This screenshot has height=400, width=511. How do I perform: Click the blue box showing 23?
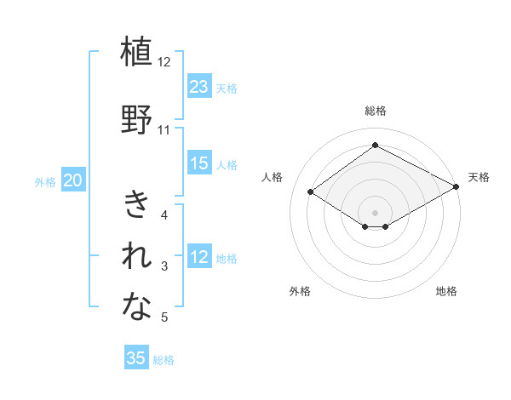point(199,87)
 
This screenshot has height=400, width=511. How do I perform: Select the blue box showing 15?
point(199,164)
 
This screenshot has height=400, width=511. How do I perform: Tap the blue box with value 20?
point(73,180)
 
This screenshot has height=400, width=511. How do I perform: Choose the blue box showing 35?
point(136,358)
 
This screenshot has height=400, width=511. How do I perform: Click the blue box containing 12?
point(199,258)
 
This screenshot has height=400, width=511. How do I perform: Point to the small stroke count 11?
point(164,130)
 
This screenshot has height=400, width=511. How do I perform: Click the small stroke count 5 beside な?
point(164,318)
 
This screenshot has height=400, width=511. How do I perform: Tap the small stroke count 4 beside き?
point(164,215)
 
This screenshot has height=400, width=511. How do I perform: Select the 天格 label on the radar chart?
point(479,177)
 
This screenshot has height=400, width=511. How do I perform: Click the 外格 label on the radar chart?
point(300,291)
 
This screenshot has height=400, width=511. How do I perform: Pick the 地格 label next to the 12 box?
point(227,259)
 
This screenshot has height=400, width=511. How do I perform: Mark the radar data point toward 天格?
point(456,188)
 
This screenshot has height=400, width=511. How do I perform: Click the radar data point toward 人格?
point(311,192)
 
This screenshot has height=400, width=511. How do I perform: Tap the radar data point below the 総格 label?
point(375,146)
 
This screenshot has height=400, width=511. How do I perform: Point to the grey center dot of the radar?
point(375,211)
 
